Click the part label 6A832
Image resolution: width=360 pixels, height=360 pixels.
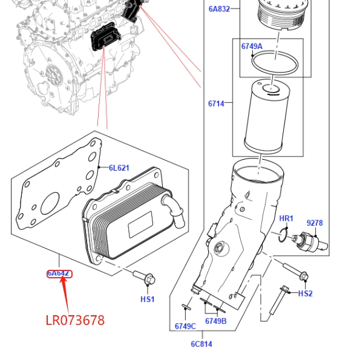[x=219, y=9]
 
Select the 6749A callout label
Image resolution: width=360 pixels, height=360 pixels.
[x=252, y=47]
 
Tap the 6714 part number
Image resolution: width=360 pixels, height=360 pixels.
[x=216, y=104]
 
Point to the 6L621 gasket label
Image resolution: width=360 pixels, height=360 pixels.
[x=119, y=168]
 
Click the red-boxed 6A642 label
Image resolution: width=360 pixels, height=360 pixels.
[x=59, y=273]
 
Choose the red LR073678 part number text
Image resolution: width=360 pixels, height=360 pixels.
[x=75, y=320]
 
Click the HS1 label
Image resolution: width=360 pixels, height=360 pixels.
[x=148, y=299]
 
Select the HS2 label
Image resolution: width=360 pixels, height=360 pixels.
[x=306, y=293]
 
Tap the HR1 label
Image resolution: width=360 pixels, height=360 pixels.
[x=286, y=218]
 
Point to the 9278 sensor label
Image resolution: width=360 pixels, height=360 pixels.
[x=315, y=223]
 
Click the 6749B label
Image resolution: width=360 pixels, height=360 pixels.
[x=216, y=321]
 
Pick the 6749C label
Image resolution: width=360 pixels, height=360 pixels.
[x=185, y=326]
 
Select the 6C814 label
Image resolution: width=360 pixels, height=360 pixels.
[x=201, y=344]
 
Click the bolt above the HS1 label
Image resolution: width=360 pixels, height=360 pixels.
[x=144, y=277]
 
